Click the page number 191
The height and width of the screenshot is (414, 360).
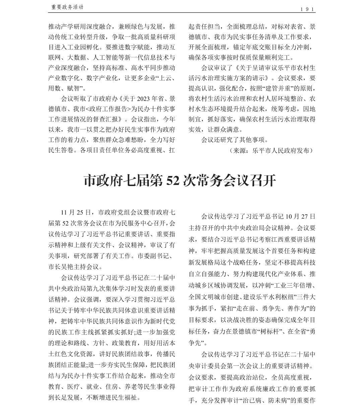(x=307, y=9)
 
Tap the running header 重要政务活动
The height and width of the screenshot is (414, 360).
(x=67, y=7)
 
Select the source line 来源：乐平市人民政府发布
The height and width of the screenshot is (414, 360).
(x=271, y=151)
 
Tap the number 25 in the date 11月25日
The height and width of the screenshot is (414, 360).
(x=80, y=213)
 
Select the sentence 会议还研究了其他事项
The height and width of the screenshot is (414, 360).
(x=234, y=140)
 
